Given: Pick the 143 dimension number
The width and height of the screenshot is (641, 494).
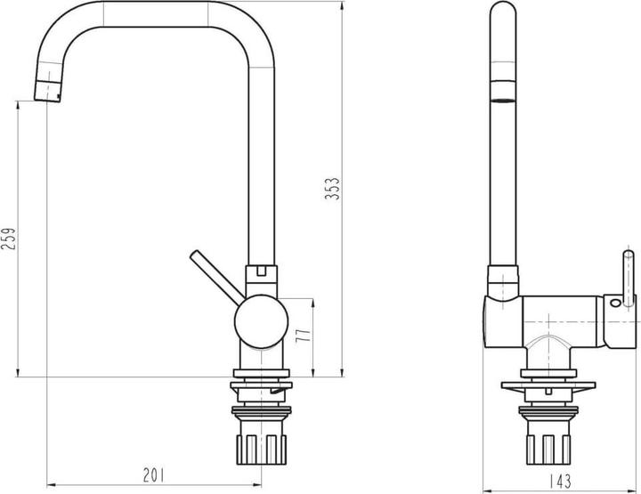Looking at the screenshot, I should [560, 481].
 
